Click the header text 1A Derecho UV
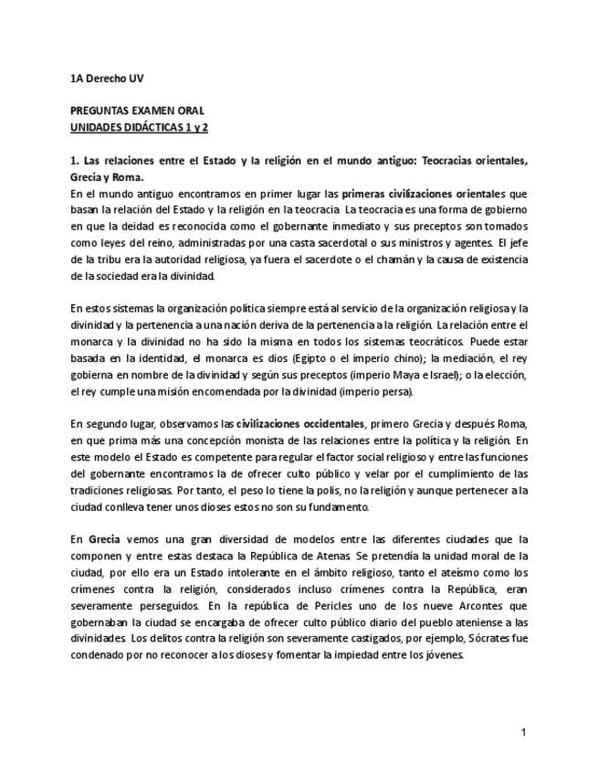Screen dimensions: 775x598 pos(107,80)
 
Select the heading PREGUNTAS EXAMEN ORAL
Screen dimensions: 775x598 pos(131,110)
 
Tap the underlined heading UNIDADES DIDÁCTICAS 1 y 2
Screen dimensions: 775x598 pos(139,124)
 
